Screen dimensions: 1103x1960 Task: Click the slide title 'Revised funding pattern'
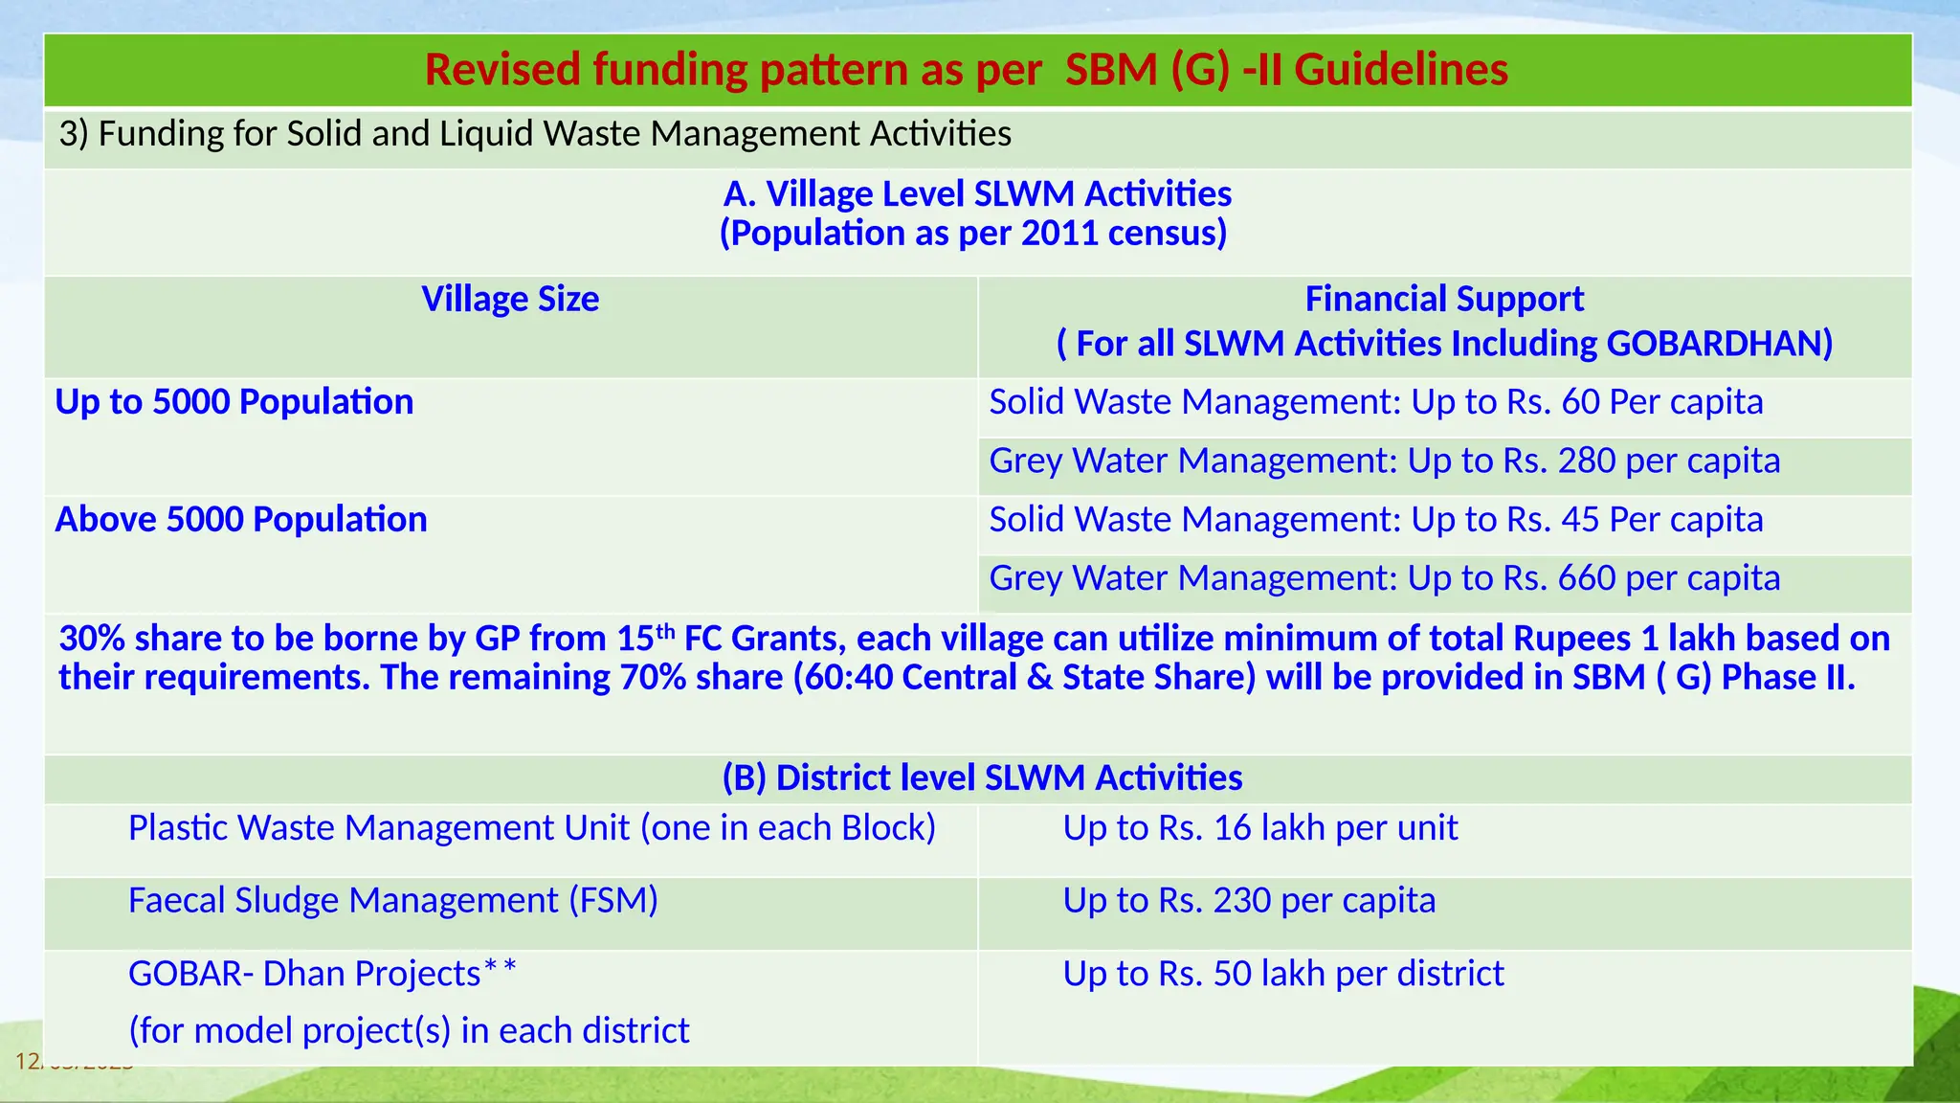point(966,70)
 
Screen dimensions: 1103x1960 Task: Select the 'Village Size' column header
point(510,300)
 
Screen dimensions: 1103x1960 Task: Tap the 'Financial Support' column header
point(1443,300)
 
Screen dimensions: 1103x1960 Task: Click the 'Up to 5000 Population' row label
point(234,402)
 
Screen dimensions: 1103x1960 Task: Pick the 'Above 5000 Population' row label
point(241,520)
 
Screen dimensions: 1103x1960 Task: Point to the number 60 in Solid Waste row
point(1580,402)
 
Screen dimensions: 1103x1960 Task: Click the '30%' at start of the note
point(92,639)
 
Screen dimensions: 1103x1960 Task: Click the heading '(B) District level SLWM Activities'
point(982,778)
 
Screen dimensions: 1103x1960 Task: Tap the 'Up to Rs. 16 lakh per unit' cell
point(1259,828)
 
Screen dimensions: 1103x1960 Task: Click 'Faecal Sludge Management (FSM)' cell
point(392,901)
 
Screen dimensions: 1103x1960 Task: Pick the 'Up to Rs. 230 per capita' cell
point(1248,901)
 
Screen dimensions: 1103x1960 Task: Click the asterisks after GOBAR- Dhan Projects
point(500,969)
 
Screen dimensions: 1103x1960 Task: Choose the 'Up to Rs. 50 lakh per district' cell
point(1282,974)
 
